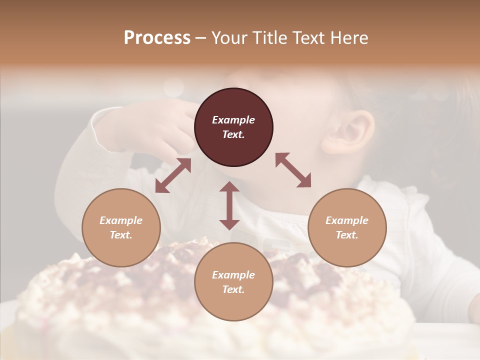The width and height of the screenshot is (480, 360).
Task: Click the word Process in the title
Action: point(157,38)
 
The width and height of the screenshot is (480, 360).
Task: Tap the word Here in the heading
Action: point(348,38)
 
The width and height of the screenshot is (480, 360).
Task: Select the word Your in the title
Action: point(230,38)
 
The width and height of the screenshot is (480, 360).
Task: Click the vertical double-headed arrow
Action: point(229,205)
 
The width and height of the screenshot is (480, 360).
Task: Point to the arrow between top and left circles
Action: point(173,175)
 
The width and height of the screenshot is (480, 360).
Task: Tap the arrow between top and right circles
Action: point(293,170)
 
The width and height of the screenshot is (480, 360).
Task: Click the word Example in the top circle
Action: point(233,120)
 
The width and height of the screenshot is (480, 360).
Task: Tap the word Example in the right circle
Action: point(347,220)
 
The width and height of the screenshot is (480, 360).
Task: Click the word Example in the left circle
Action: point(121,220)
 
